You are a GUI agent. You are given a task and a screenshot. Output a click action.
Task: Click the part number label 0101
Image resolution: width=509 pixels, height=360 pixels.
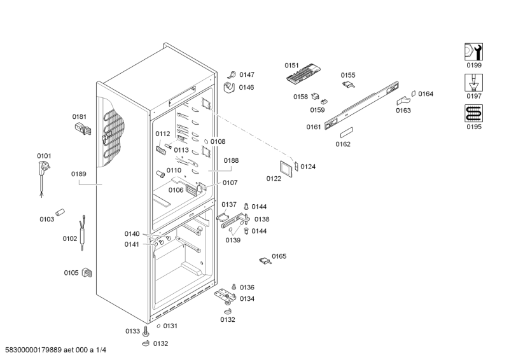44,156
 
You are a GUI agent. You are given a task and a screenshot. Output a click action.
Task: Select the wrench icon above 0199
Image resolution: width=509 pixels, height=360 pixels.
473,52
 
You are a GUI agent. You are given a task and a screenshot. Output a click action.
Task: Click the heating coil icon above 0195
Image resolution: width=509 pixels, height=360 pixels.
473,113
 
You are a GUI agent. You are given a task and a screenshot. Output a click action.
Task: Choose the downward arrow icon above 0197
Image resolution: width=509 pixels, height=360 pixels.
473,82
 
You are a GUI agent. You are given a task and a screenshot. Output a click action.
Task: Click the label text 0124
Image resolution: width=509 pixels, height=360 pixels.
308,167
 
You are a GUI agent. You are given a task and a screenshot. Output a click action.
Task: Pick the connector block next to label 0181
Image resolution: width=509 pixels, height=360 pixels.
83,130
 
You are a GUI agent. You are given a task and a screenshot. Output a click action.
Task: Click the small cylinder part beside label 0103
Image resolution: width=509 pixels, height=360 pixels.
61,212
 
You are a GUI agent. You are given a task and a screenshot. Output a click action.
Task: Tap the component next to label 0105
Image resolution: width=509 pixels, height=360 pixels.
87,273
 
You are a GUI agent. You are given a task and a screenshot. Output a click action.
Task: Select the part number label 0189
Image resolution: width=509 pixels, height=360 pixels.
79,174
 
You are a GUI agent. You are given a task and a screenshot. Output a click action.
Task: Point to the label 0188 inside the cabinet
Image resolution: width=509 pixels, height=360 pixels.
231,161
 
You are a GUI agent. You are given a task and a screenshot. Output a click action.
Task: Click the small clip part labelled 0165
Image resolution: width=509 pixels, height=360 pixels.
263,259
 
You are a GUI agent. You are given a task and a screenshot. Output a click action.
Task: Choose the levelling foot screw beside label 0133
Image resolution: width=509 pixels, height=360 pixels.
146,331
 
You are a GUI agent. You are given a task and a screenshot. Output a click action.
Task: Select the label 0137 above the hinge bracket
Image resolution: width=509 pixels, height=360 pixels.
229,205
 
